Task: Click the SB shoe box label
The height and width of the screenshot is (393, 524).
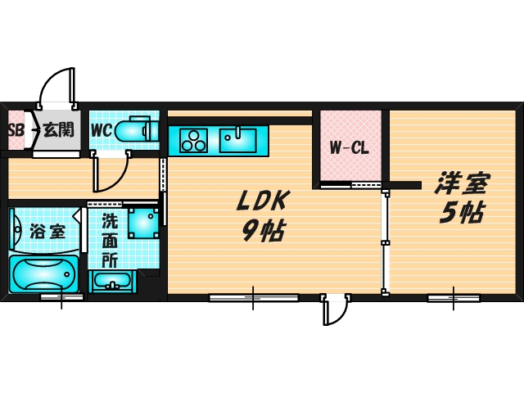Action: (x=16, y=131)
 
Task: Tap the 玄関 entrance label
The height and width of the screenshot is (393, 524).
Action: (x=59, y=129)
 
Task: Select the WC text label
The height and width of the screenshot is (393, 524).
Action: (x=102, y=130)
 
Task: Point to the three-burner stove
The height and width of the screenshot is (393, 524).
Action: (x=193, y=141)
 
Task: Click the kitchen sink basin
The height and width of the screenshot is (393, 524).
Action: (x=237, y=140)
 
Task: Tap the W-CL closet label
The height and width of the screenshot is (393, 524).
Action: (x=350, y=147)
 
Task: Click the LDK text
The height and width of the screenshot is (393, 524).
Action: (x=263, y=201)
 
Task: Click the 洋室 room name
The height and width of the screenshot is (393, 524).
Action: (x=462, y=183)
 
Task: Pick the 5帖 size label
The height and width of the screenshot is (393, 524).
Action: (x=462, y=213)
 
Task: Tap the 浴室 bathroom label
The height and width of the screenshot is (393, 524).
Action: (x=47, y=231)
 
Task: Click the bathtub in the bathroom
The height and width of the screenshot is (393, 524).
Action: (x=43, y=274)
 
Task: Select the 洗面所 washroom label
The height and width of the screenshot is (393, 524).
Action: (x=110, y=240)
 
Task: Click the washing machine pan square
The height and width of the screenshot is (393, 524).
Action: (x=143, y=224)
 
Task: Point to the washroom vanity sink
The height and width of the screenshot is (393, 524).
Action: (x=112, y=281)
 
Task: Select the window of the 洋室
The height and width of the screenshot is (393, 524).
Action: (x=454, y=297)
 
